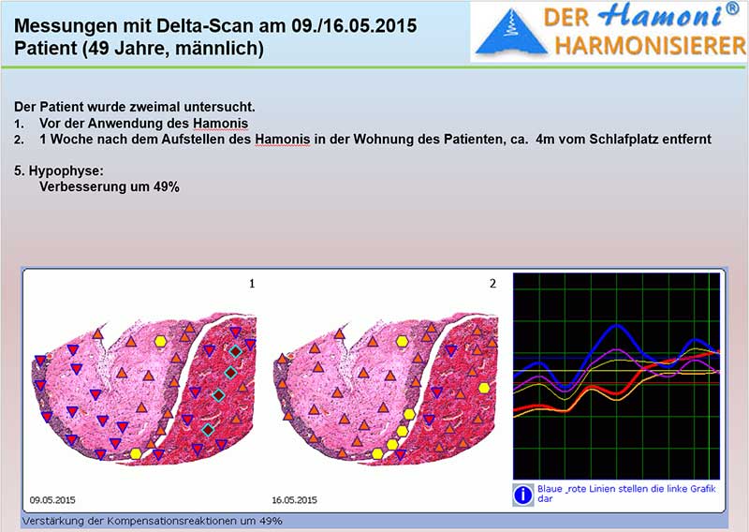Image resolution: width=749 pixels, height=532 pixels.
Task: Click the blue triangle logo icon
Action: coord(511,31)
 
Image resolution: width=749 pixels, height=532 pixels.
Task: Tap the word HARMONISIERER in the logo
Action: coord(650,47)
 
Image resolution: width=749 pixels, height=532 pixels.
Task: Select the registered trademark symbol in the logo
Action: coord(732,8)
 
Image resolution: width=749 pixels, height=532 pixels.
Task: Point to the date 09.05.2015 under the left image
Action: coord(52,500)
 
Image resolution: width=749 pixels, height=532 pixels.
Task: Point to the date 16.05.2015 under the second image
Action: coord(294,500)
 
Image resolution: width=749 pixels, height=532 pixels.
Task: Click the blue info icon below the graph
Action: coord(523,495)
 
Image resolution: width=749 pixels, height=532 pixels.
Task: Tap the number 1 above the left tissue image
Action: coord(252,284)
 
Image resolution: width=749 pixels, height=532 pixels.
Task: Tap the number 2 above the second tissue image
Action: coord(493,284)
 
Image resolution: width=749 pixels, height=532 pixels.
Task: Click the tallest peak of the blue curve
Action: coord(617,326)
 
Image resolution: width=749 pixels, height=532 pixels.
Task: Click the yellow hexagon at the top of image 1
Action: coord(160,341)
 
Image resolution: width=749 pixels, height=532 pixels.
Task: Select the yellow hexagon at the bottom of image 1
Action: coord(136,453)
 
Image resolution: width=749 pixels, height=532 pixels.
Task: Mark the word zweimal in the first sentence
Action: coord(157,107)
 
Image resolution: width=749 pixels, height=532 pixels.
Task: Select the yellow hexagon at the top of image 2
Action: coord(403,341)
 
